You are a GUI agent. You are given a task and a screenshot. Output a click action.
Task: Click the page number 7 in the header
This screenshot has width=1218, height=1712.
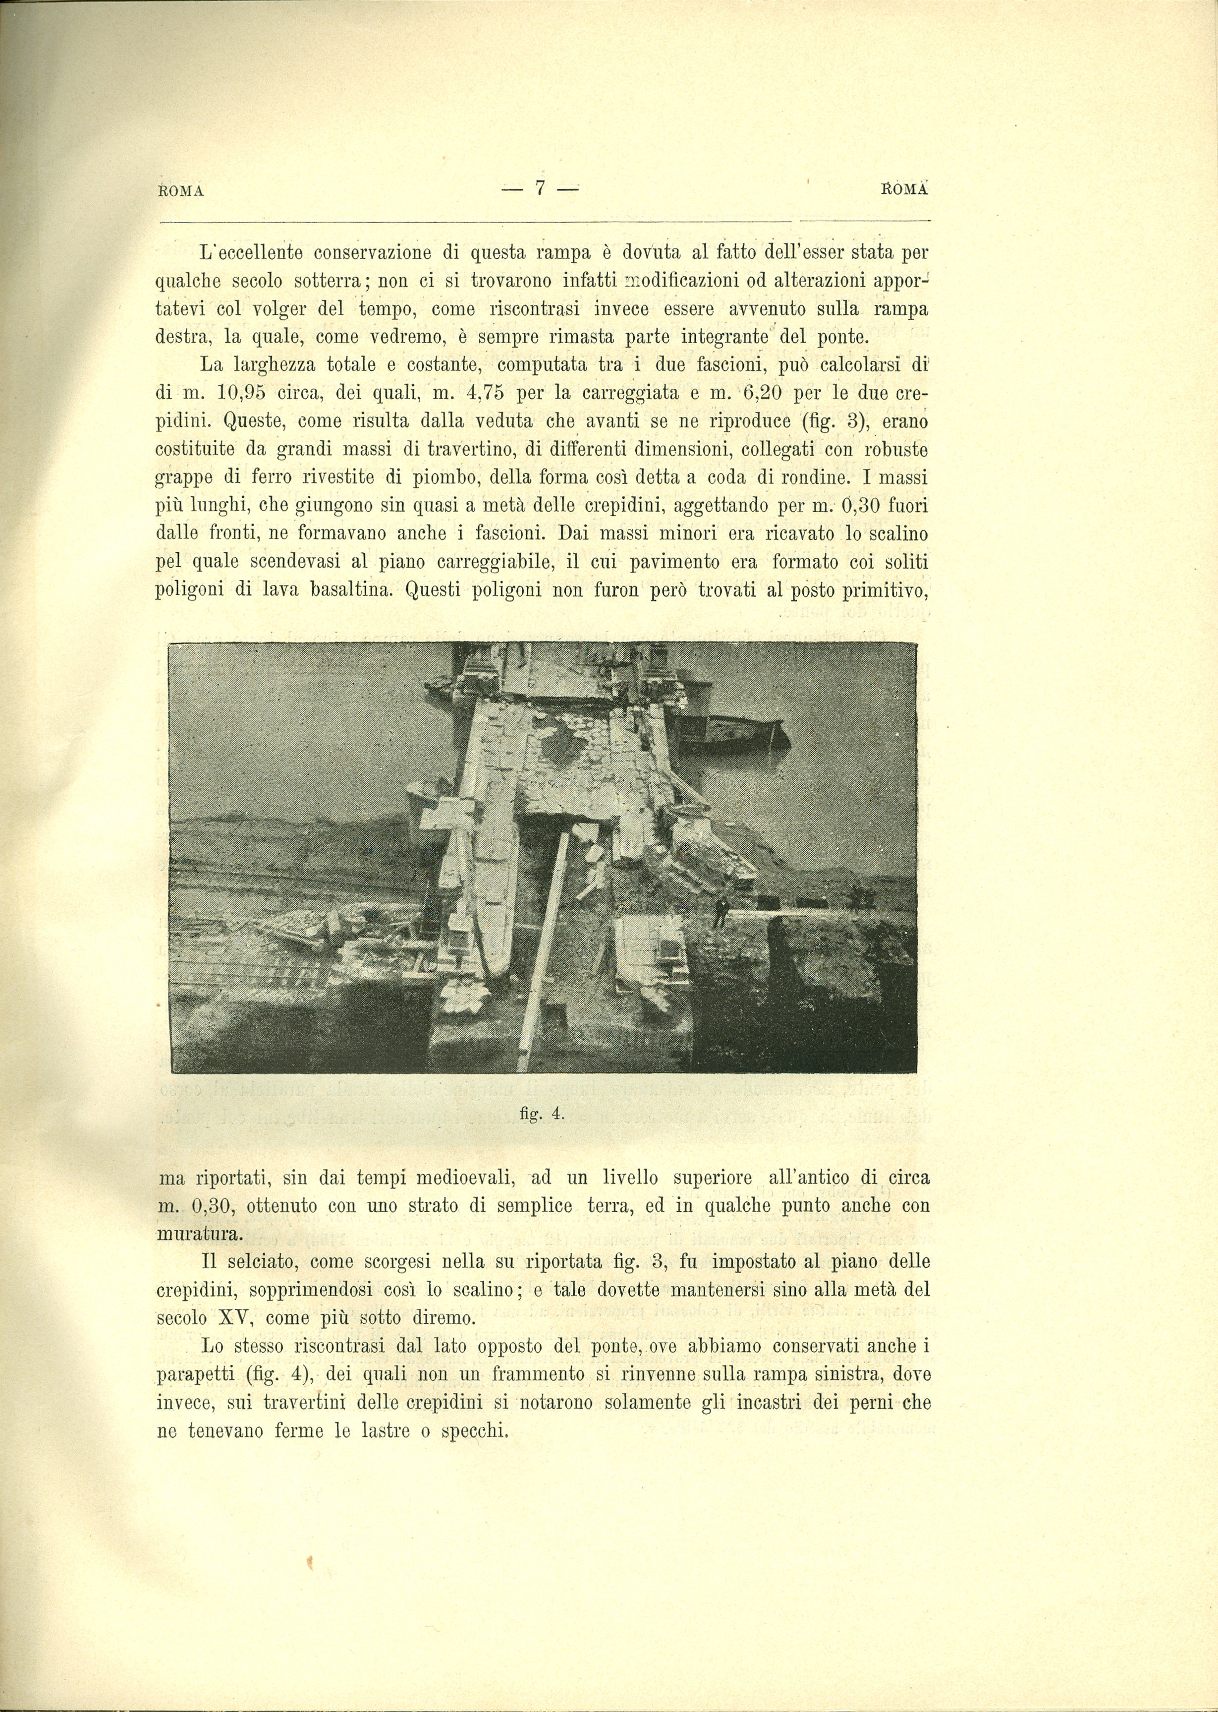(539, 188)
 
